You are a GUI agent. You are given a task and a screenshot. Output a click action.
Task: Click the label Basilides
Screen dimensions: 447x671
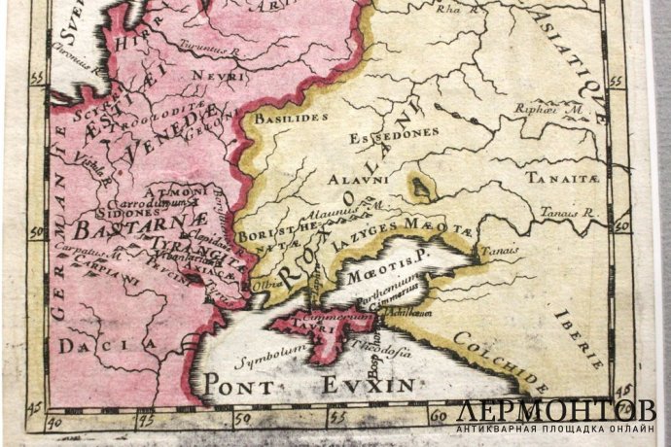(281, 118)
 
